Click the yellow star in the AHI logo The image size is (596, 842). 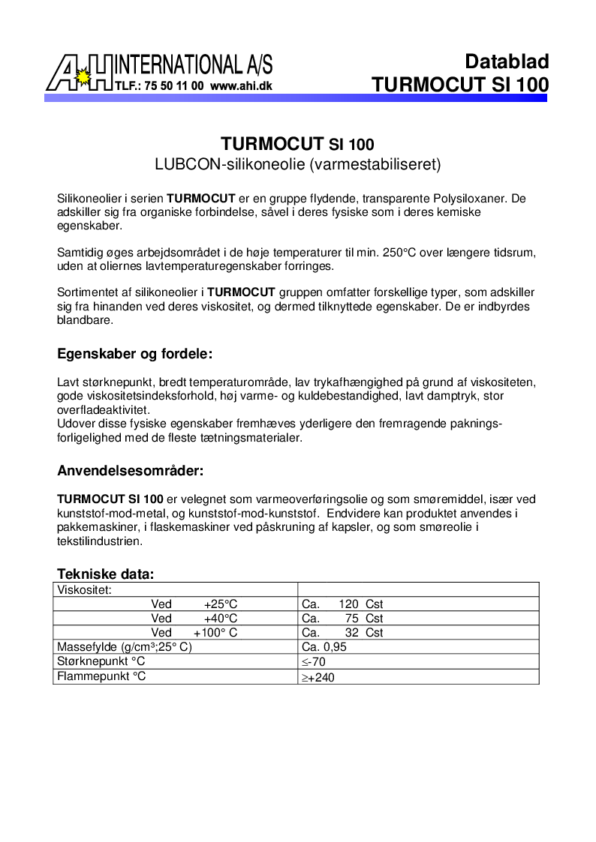point(84,76)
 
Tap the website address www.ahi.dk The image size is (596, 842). point(241,86)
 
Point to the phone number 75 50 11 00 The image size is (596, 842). point(177,86)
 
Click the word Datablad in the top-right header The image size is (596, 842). point(507,61)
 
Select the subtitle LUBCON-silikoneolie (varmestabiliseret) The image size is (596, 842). point(297,163)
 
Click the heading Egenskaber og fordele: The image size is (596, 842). point(135,353)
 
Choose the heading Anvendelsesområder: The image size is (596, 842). point(131,471)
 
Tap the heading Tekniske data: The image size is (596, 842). point(105,574)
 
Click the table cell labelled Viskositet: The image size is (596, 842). point(85,590)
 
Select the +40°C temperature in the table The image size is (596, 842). point(220,619)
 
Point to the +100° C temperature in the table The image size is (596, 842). point(215,633)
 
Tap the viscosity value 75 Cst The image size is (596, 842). point(364,619)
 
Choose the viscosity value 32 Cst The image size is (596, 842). point(364,633)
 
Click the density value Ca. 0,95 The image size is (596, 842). point(324,647)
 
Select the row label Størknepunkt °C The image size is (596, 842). point(101,661)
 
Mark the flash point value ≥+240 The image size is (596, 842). point(318,678)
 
